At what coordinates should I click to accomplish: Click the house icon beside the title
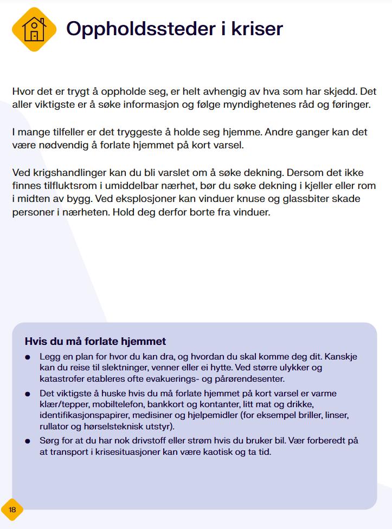click(34, 29)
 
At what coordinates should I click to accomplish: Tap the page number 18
click(12, 510)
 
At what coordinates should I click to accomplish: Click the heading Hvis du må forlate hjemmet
click(95, 342)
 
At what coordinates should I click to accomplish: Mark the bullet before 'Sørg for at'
click(28, 441)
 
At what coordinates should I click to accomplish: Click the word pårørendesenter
click(254, 378)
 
